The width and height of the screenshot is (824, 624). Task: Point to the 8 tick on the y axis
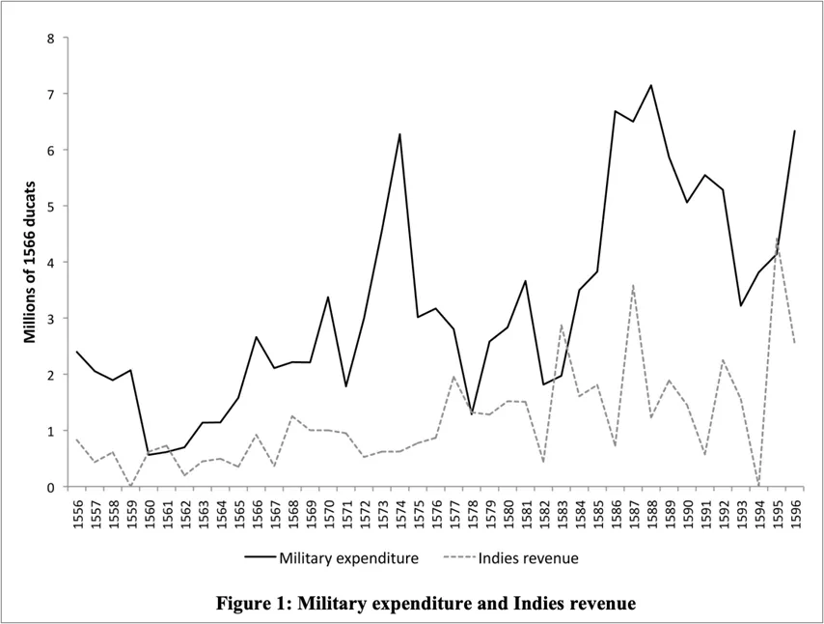(52, 39)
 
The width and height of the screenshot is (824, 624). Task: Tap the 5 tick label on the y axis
(52, 207)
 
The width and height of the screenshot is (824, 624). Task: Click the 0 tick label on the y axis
(52, 487)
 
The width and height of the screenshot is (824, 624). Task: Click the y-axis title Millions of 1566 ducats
(30, 261)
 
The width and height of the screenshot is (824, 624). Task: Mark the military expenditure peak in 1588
(651, 85)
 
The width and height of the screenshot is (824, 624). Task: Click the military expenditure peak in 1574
(399, 134)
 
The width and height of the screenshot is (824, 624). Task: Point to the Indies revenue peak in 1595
(777, 238)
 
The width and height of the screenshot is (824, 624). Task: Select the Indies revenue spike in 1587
(633, 285)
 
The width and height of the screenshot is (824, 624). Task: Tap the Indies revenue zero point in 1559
(131, 486)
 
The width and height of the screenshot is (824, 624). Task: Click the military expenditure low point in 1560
(150, 454)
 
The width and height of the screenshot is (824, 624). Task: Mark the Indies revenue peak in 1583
(562, 326)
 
